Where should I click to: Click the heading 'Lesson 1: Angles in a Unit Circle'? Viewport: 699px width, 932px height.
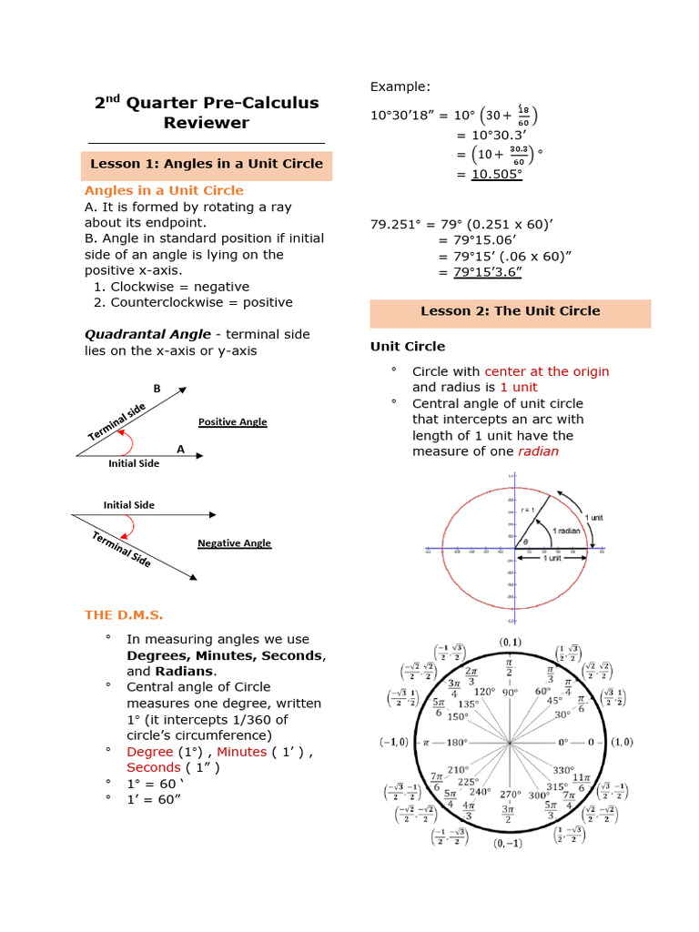pos(207,164)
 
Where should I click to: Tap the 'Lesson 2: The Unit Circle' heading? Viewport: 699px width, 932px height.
pos(510,310)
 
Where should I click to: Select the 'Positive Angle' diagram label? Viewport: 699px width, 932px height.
pos(233,422)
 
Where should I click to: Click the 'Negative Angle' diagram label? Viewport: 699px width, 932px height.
pos(234,543)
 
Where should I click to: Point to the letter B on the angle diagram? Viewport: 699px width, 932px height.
pos(157,389)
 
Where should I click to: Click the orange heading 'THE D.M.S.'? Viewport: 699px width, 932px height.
pos(124,614)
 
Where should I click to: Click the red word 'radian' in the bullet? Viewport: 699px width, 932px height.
pos(539,451)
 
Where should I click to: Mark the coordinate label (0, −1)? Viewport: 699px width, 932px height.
pos(509,844)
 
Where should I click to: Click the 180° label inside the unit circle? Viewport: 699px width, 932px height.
pos(443,742)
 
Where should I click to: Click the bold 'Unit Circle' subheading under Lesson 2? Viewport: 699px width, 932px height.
pos(407,346)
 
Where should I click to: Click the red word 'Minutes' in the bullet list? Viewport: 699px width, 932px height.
pos(241,752)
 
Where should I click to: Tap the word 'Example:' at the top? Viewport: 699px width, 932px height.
pos(400,86)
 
